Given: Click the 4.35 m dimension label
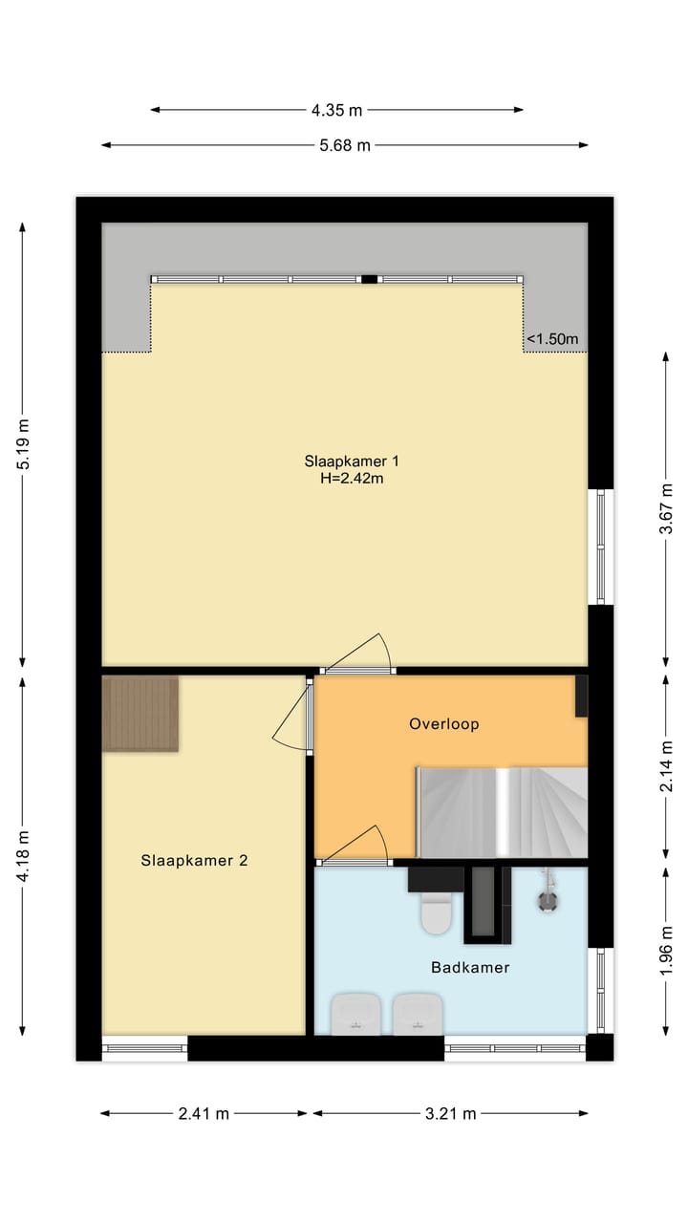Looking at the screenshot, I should click(336, 110).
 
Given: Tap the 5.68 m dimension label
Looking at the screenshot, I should click(344, 145).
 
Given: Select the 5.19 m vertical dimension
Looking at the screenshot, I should click(24, 443).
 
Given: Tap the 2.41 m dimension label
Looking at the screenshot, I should click(203, 1114).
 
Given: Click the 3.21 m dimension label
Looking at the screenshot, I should click(450, 1114).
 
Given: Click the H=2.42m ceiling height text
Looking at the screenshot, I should click(352, 479).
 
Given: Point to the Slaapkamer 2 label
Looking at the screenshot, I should click(194, 860).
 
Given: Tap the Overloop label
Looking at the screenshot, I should click(443, 724).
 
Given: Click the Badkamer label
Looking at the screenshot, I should click(470, 967).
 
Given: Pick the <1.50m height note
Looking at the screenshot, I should click(553, 338).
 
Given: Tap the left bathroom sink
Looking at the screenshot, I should click(355, 1014).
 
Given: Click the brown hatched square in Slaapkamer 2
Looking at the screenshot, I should click(140, 714).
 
